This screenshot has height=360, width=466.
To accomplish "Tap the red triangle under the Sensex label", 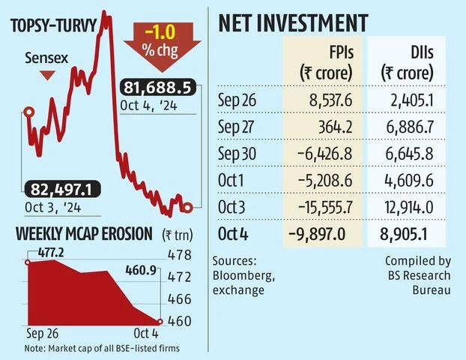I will click(46, 75).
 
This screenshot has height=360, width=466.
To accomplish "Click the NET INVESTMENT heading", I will click(293, 23).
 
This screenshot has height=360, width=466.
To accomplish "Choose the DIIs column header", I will click(408, 64).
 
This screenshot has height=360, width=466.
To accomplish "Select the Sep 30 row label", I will click(237, 153).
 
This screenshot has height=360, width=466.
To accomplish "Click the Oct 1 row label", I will click(233, 179).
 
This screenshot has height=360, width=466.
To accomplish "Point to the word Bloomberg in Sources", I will click(241, 274).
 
